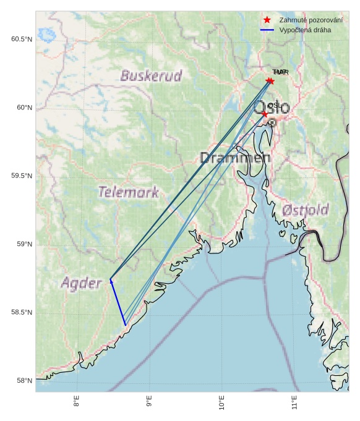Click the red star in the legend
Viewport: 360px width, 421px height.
pos(267,20)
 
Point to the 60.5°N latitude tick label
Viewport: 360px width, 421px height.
pos(21,40)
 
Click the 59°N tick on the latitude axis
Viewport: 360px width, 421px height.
pos(24,244)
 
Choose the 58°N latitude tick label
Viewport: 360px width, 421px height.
pos(24,381)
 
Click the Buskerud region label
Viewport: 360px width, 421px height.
pos(151,76)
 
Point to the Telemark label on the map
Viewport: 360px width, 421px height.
pos(128,192)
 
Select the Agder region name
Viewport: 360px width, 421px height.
pos(81,284)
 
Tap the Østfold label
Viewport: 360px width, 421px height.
pos(305,210)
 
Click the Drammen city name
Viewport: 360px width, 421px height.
pos(235,158)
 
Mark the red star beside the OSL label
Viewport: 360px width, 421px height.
pos(265,114)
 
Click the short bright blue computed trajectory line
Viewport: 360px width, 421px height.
pos(118,303)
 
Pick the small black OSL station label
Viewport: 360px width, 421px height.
pos(273,106)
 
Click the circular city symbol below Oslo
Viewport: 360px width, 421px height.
pos(272,123)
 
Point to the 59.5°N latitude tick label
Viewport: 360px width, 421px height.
pos(21,176)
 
